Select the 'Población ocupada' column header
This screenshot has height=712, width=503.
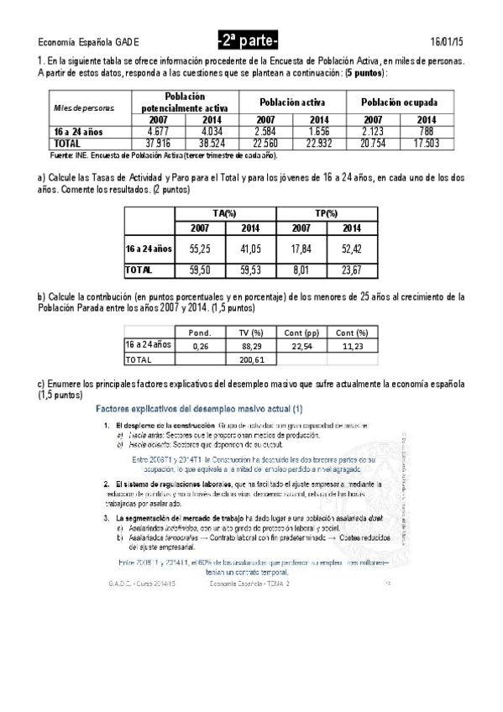[400, 102]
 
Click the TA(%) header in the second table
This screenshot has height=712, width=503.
[224, 214]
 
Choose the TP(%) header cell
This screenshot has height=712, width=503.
[326, 214]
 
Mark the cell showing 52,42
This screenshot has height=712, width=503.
[353, 249]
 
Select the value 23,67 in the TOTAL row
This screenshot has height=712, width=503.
[353, 270]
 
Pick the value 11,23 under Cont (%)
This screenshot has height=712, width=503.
[353, 345]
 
